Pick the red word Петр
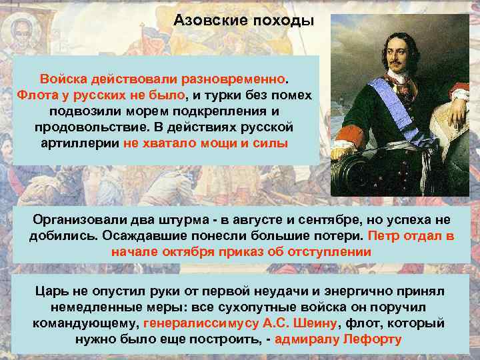click(385, 236)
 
